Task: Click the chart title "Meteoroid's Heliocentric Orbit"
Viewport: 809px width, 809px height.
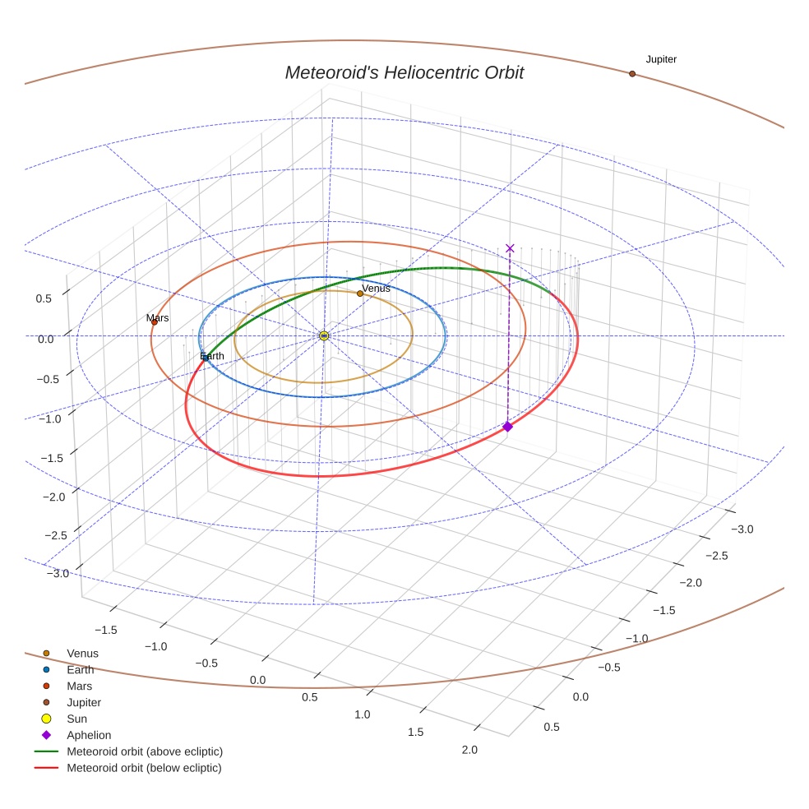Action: click(404, 73)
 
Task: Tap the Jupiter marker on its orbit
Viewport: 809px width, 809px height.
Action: click(632, 74)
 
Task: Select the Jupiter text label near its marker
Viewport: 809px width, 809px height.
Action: click(661, 59)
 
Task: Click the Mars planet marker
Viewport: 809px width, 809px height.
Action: click(154, 322)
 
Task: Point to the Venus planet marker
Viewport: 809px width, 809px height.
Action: click(360, 294)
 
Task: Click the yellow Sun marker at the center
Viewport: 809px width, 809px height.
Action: click(324, 335)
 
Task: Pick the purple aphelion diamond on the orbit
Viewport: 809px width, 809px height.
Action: click(508, 426)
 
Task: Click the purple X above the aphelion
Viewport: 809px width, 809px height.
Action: click(510, 248)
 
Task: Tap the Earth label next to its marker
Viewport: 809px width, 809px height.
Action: click(212, 356)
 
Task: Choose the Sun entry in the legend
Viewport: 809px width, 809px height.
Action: click(76, 719)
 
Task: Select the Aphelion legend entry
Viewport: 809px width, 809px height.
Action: click(89, 735)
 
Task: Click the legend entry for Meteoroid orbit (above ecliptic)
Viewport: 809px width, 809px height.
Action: click(145, 751)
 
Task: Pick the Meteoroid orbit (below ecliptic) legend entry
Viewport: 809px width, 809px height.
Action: click(144, 768)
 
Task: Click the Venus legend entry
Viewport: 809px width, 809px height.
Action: click(82, 654)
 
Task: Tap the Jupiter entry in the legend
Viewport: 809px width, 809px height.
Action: click(84, 703)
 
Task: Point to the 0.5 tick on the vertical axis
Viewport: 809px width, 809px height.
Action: click(44, 298)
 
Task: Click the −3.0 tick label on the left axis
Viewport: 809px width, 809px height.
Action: click(57, 573)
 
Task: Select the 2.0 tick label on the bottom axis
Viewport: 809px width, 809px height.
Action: click(469, 749)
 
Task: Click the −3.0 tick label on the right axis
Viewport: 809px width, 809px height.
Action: click(742, 529)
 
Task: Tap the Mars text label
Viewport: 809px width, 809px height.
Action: click(158, 317)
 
